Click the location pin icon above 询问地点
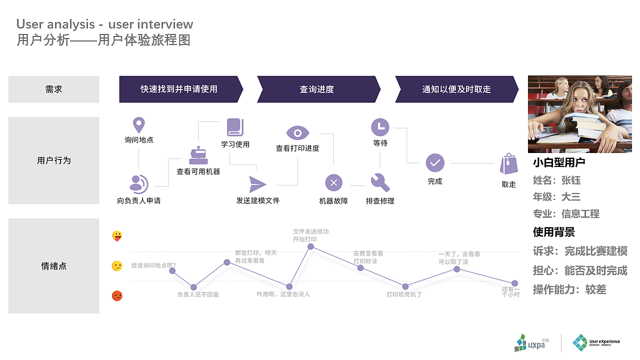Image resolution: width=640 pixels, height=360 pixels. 138,125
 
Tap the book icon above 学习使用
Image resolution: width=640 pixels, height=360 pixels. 234,127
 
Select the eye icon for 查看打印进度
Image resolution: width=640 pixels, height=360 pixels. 297,133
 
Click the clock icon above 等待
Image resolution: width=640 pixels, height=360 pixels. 380,127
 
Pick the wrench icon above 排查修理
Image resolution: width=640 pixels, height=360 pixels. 380,182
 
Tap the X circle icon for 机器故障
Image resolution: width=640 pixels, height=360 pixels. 333,182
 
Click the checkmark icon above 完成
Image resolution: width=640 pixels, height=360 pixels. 435,163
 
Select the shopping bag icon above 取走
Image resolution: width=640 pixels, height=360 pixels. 508,164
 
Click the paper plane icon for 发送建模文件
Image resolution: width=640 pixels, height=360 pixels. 257,184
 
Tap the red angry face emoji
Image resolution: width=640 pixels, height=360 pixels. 117,295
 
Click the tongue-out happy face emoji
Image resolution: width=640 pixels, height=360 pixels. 117,236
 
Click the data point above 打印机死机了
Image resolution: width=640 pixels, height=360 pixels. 405,286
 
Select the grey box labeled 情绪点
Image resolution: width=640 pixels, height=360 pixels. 54,266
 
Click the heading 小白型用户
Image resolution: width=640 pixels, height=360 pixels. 559,162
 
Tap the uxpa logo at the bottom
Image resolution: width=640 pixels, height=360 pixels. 532,342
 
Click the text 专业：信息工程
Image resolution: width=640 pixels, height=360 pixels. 566,214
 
